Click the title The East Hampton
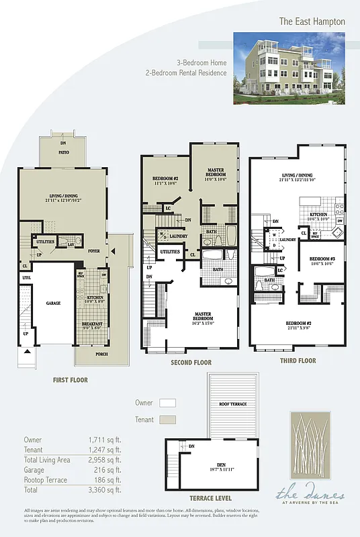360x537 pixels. coord(312,21)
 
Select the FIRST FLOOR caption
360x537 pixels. coord(70,380)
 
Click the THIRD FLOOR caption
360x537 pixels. coord(298,360)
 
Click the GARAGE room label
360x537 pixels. coord(53,303)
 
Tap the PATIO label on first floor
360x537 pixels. coord(63,152)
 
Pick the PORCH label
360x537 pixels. coord(101,354)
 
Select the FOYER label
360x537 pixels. coord(95,252)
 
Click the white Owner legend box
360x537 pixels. coord(167,403)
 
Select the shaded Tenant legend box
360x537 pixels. coord(167,420)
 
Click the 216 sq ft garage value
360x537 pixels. coord(108,471)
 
